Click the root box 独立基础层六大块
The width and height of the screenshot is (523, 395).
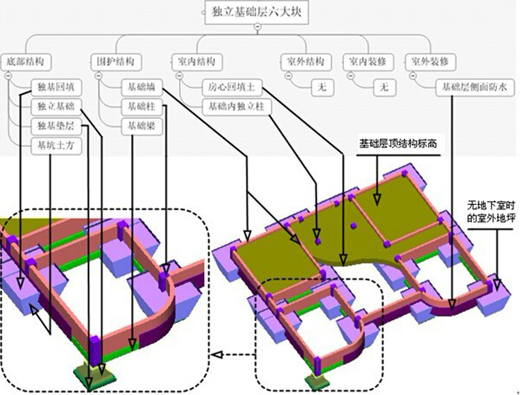(258, 12)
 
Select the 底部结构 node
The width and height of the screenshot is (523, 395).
(24, 63)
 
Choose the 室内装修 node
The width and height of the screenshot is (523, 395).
(367, 63)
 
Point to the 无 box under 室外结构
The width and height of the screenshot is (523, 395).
(321, 88)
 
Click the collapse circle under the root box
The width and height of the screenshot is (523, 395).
(257, 28)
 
